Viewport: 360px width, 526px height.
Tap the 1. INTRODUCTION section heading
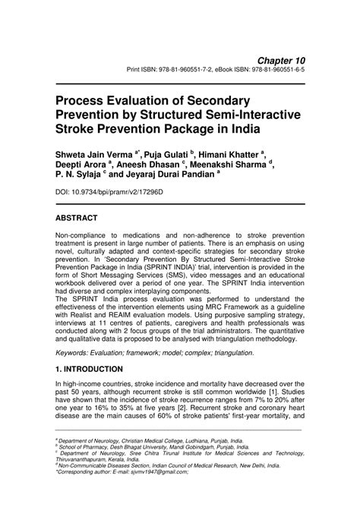point(89,369)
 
